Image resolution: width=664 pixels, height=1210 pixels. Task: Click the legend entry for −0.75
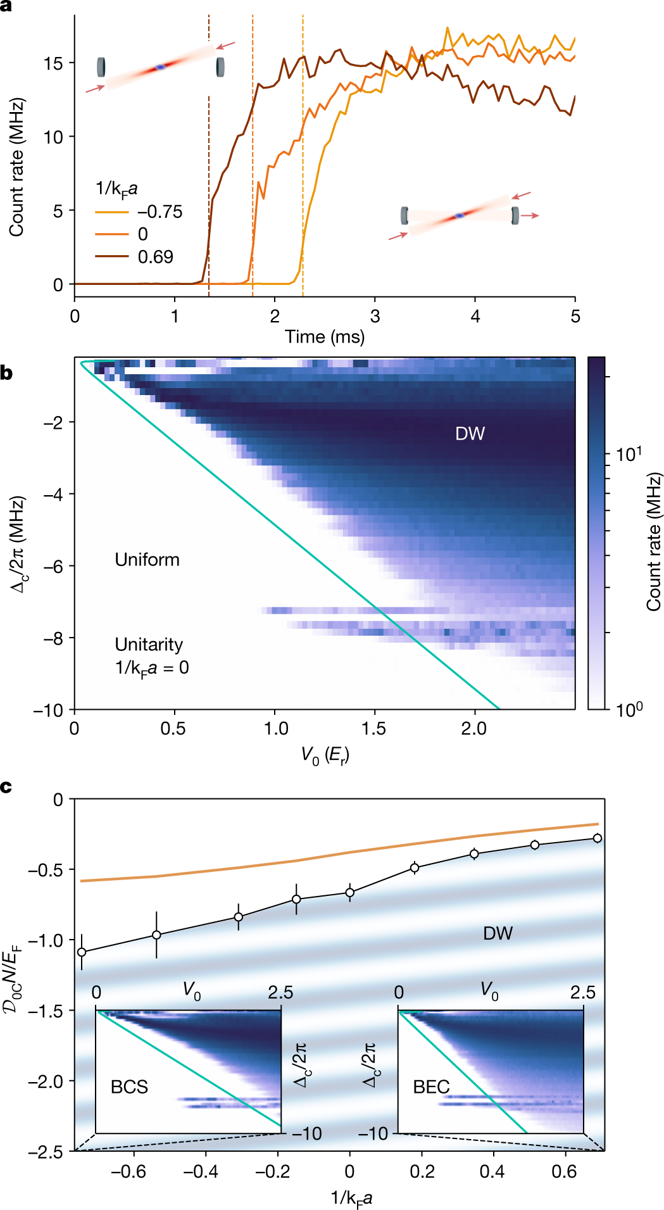click(x=160, y=211)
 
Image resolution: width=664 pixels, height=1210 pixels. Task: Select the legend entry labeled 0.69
click(x=155, y=256)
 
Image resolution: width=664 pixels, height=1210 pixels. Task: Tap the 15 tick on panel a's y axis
click(x=53, y=63)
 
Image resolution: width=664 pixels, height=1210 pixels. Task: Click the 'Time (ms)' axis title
click(x=325, y=336)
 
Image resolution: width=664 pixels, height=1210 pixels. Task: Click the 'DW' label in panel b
click(x=470, y=434)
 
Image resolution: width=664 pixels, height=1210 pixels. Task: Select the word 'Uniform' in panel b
click(x=147, y=560)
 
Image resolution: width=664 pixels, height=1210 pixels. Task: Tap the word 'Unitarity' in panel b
click(x=149, y=645)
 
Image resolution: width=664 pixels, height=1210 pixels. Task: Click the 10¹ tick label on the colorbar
click(x=629, y=454)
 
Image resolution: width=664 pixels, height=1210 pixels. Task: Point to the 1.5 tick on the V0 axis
click(x=373, y=728)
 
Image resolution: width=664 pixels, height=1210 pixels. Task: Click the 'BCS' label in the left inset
click(x=129, y=1087)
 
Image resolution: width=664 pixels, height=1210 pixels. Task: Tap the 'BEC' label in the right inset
click(x=431, y=1087)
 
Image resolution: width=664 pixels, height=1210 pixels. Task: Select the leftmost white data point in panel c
click(x=82, y=952)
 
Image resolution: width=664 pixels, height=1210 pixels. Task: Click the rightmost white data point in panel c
click(x=597, y=838)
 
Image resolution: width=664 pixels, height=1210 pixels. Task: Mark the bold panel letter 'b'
click(x=6, y=372)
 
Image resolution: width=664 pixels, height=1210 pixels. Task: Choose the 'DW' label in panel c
click(x=498, y=933)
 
